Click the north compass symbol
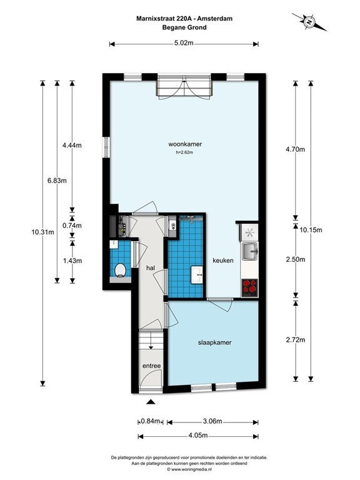309,22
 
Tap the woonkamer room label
185,144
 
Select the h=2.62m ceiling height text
184,152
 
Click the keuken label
223,261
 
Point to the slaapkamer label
214,342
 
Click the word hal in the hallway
151,268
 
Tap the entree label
151,366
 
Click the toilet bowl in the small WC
120,270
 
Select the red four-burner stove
249,287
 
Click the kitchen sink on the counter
250,251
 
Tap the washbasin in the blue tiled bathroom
196,274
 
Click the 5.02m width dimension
184,43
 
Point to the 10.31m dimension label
42,232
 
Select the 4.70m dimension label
295,149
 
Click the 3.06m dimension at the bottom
212,421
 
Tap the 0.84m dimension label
150,421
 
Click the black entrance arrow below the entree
150,402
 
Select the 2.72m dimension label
296,340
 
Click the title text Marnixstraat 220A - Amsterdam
184,18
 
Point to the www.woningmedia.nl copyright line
189,469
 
